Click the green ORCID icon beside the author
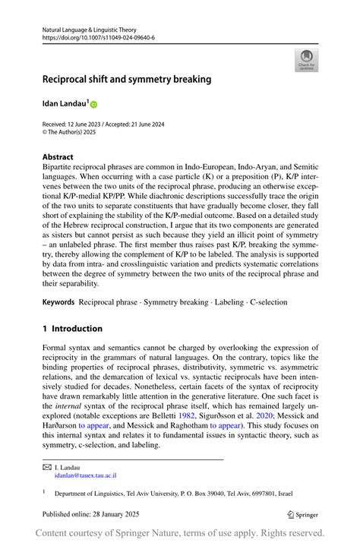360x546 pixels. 95,103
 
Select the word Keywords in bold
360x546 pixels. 58,302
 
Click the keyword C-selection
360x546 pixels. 265,302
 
